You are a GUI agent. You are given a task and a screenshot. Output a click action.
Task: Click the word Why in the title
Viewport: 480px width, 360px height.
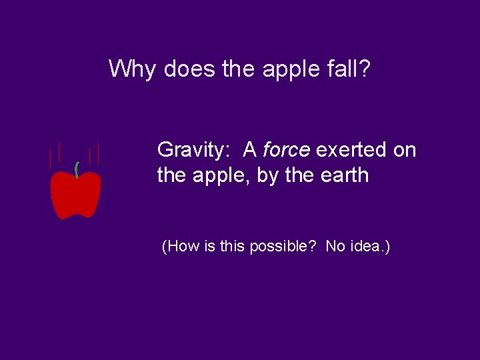pyautogui.click(x=131, y=69)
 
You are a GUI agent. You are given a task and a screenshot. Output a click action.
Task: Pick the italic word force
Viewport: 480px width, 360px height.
pyautogui.click(x=286, y=151)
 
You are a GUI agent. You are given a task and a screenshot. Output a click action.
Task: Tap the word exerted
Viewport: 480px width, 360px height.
pyautogui.click(x=351, y=151)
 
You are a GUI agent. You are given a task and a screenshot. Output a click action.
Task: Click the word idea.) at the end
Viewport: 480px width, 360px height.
pyautogui.click(x=371, y=247)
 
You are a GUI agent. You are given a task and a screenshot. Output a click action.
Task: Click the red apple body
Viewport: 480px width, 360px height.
pyautogui.click(x=76, y=195)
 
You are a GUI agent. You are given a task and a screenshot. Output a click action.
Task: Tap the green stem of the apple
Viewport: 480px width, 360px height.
pyautogui.click(x=77, y=169)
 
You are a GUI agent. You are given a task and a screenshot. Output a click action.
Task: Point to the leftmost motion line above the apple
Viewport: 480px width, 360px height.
pyautogui.click(x=49, y=159)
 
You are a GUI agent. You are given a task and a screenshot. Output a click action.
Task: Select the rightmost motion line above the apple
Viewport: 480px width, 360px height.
pyautogui.click(x=99, y=154)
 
